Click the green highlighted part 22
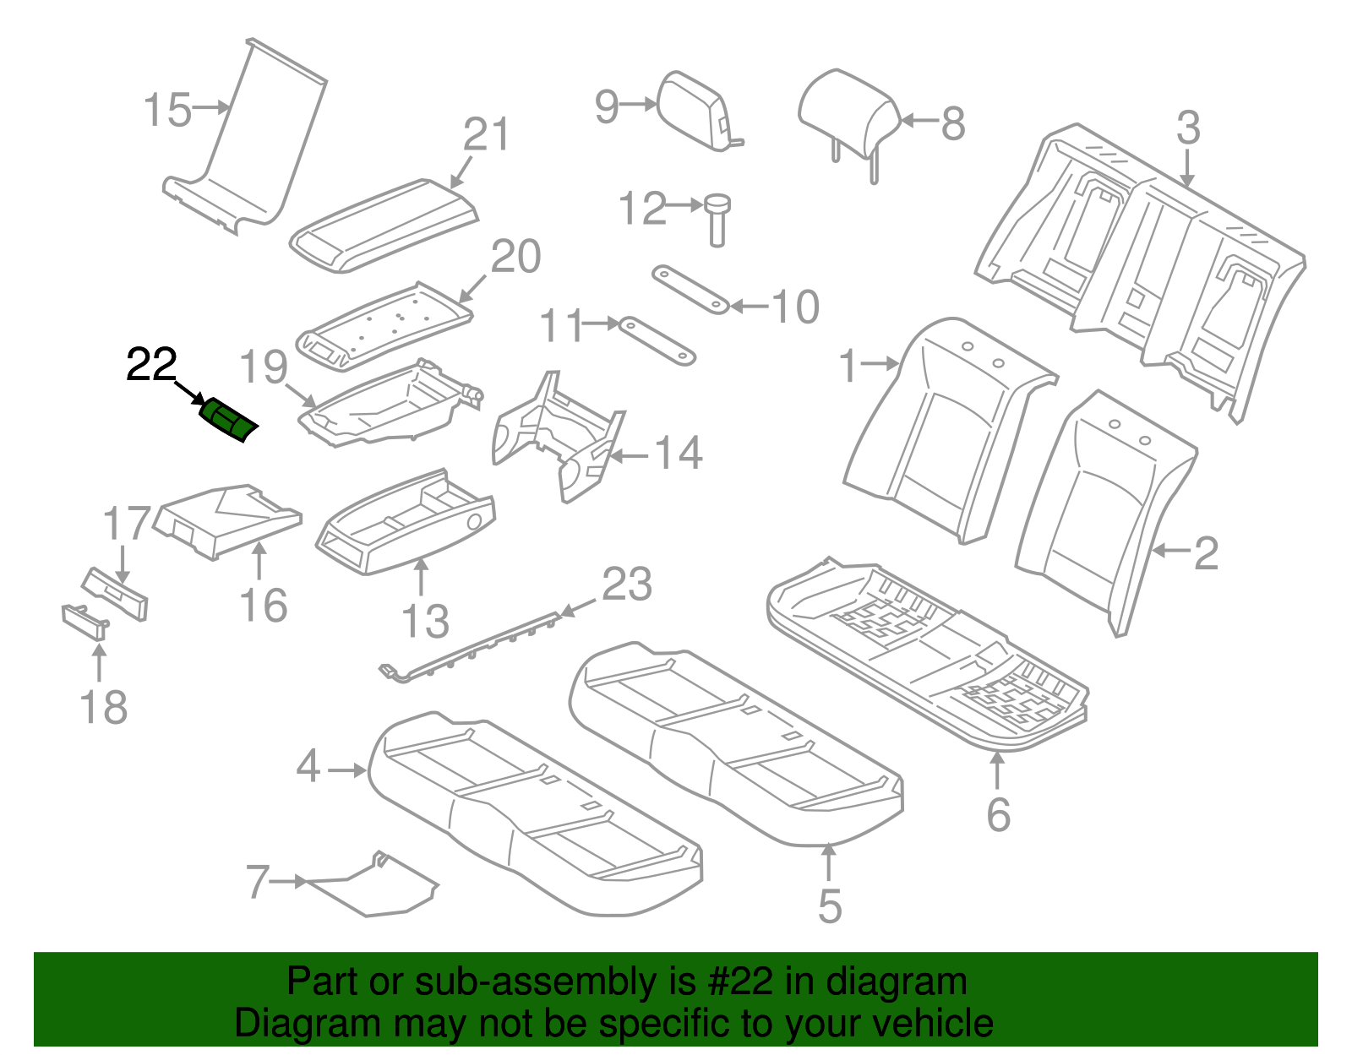tap(227, 419)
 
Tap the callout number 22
tap(151, 365)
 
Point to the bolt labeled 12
tap(717, 218)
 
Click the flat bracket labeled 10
tap(690, 288)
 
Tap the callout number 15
tap(167, 111)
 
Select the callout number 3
tap(1188, 128)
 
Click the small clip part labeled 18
tap(84, 620)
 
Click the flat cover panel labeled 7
tap(372, 887)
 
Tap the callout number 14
tap(679, 454)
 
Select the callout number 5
tap(830, 905)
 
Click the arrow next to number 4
tap(347, 769)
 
